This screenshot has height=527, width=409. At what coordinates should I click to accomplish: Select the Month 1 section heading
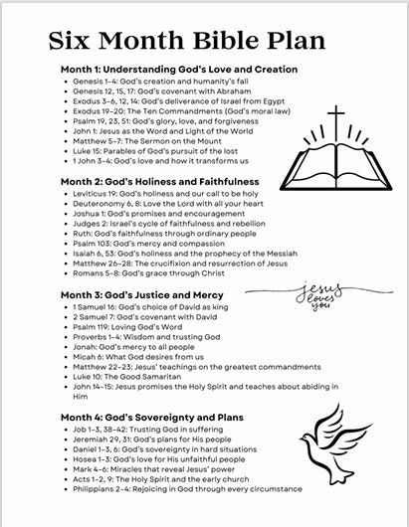click(x=178, y=69)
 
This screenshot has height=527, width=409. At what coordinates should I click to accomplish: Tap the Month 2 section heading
click(x=159, y=182)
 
